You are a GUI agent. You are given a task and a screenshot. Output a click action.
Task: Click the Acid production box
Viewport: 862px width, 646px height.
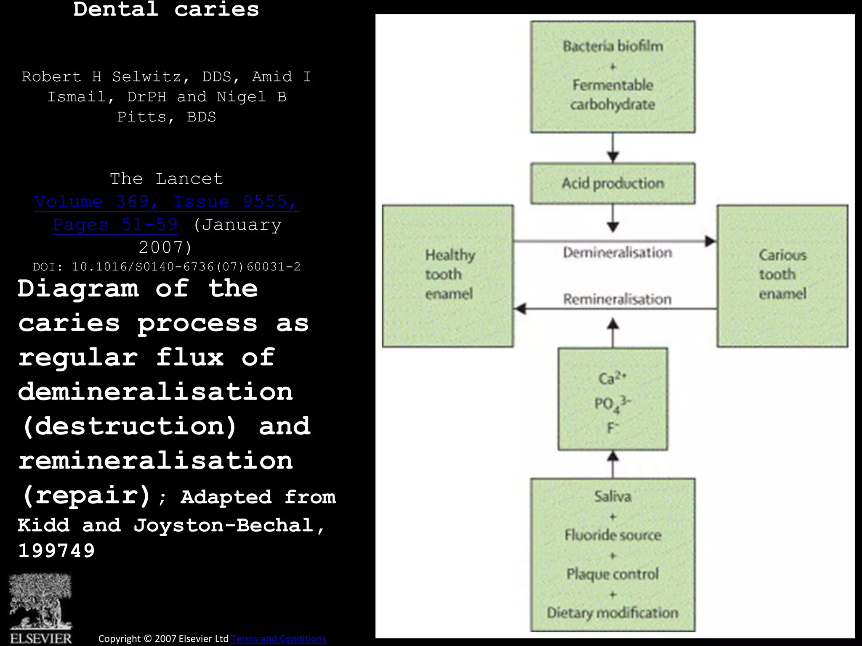click(613, 183)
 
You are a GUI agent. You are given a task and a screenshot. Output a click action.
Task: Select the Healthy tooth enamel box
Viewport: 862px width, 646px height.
click(448, 275)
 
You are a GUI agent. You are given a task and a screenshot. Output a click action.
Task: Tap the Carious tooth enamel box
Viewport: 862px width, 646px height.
click(782, 275)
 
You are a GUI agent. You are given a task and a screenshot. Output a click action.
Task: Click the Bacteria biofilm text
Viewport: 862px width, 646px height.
click(613, 46)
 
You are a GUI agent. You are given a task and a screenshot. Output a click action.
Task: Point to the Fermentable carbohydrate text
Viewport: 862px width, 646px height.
click(613, 95)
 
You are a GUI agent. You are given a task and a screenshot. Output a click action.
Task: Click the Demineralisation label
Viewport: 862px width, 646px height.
click(617, 252)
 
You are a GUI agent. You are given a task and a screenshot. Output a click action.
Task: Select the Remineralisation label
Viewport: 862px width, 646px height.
click(617, 299)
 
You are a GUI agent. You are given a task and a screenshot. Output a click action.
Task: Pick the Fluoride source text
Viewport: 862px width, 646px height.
click(613, 535)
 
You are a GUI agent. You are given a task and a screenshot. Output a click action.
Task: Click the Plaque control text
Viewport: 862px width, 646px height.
click(613, 574)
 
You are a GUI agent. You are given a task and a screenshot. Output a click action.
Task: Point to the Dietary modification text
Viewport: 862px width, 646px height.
click(613, 612)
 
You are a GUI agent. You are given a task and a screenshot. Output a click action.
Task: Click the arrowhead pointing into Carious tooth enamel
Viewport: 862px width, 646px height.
click(711, 241)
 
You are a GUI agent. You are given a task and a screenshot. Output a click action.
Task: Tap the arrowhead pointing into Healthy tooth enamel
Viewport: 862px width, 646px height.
click(521, 309)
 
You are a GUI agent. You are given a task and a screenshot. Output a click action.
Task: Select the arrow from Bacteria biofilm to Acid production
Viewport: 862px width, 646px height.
click(613, 148)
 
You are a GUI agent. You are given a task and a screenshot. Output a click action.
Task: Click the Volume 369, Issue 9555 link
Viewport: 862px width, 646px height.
click(167, 202)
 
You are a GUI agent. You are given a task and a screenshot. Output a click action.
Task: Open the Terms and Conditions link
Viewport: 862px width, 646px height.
click(279, 638)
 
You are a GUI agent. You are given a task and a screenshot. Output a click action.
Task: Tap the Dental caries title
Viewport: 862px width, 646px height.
click(166, 9)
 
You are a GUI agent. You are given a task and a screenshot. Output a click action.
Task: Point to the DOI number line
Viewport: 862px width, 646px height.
click(167, 267)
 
